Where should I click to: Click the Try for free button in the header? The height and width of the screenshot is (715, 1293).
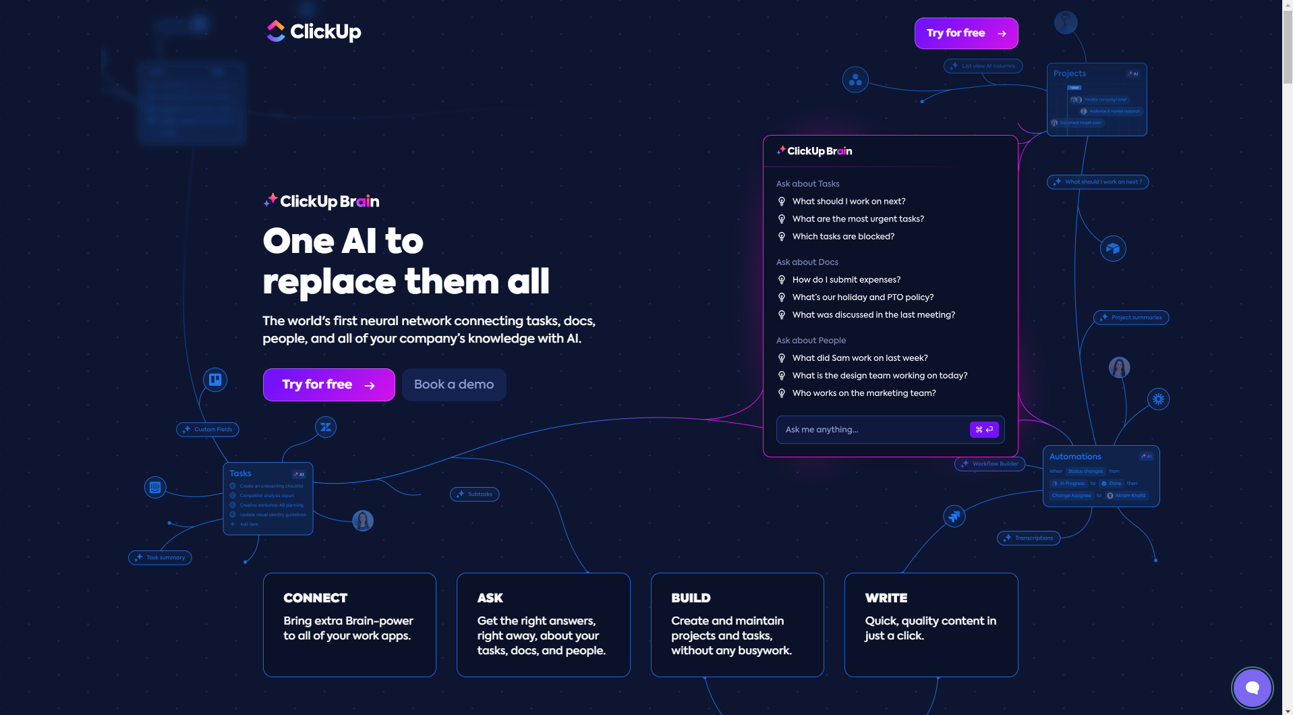(x=966, y=33)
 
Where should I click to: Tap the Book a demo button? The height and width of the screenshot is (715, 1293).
(x=454, y=384)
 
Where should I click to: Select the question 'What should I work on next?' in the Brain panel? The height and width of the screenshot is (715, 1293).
(x=849, y=201)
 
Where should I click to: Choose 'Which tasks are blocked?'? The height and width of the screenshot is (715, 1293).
(x=843, y=236)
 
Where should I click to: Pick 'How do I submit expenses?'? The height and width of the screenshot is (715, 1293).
(x=846, y=279)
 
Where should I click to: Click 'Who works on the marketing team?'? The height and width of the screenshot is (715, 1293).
(x=863, y=393)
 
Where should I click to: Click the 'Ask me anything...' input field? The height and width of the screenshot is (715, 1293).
(x=870, y=430)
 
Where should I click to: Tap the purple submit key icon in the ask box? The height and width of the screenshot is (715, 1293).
(x=984, y=430)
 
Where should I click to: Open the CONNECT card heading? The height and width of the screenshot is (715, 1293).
(x=316, y=598)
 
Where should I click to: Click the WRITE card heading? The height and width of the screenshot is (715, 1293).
(x=886, y=598)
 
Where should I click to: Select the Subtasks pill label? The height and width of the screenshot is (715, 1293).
(x=475, y=494)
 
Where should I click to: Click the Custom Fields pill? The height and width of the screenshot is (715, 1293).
(x=208, y=430)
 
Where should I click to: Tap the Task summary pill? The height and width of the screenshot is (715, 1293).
(x=161, y=558)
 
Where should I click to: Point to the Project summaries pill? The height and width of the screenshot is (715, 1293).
(x=1131, y=318)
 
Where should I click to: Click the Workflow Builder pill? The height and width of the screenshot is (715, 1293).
(x=990, y=464)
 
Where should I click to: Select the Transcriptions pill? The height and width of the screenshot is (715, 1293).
(x=1029, y=538)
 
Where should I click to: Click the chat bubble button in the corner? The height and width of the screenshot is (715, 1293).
(x=1252, y=687)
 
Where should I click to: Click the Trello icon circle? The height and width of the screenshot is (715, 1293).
(x=215, y=380)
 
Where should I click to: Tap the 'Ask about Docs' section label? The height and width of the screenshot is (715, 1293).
(x=807, y=262)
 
